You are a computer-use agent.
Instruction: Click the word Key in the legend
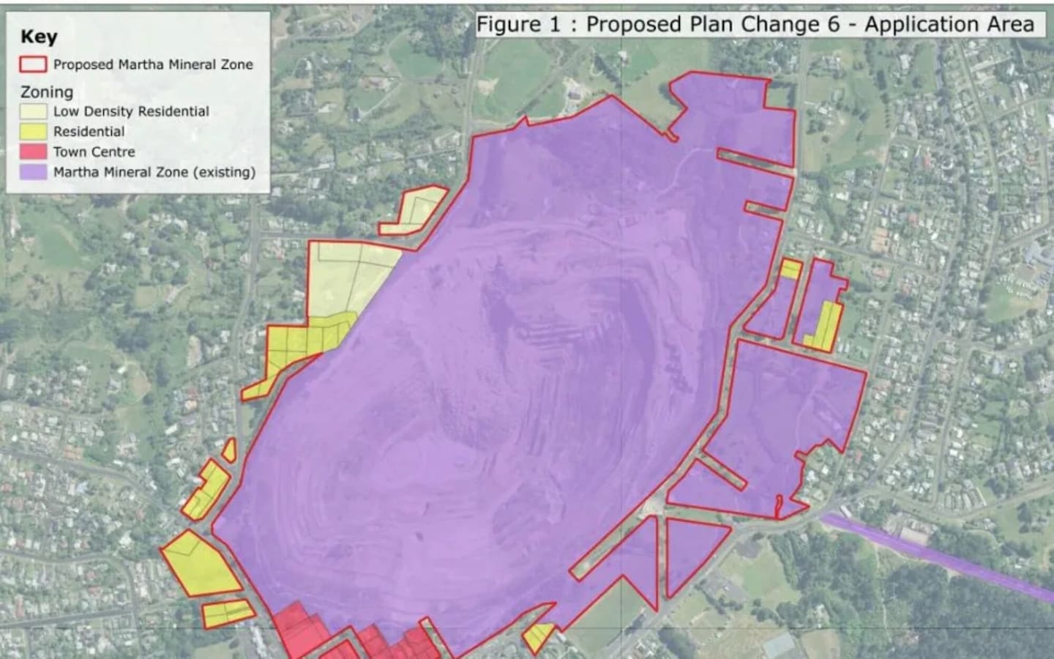coord(39,37)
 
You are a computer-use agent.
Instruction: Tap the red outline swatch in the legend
coord(34,64)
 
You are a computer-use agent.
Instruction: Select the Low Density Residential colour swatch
coord(34,111)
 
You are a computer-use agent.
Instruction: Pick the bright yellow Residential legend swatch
coord(34,132)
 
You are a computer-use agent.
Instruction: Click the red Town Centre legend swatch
coord(34,152)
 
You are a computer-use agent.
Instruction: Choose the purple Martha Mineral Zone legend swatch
coord(34,173)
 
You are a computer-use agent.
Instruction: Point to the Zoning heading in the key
coord(47,92)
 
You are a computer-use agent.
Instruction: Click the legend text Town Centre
coord(94,152)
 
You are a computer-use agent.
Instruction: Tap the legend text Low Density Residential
coord(131,111)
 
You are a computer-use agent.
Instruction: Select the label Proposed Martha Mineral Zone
coord(153,64)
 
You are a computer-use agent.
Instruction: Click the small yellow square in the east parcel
coord(790,269)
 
